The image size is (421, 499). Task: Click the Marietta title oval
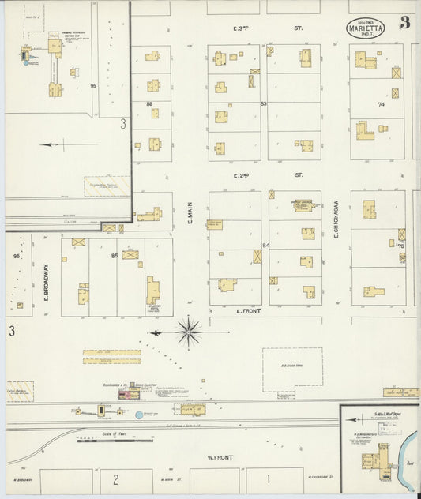point(366,27)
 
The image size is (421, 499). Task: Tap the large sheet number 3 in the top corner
point(405,22)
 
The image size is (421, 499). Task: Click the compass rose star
point(188,332)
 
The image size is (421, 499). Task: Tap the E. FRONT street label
point(249,311)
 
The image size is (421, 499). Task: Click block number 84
point(266,246)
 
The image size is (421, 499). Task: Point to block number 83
point(264,103)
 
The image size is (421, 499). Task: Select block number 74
point(381,103)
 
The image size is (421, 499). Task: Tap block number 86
point(148,103)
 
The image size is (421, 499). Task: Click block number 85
point(115,255)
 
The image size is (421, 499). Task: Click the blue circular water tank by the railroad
point(139,414)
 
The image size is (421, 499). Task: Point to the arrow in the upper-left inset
point(59,144)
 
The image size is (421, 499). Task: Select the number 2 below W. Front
point(115,478)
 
